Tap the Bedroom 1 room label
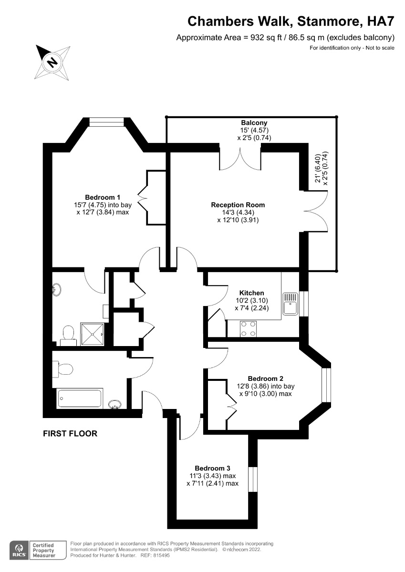(103, 197)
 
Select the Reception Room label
(238, 205)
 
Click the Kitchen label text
(252, 293)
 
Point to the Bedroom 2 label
(266, 378)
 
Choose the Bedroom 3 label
(212, 468)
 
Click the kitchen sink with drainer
(290, 304)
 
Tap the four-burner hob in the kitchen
(248, 329)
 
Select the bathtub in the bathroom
(80, 398)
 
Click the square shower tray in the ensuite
(93, 335)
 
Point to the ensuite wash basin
(56, 290)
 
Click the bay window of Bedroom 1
(106, 122)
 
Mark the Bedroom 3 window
(253, 480)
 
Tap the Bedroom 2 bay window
(326, 385)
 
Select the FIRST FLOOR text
(70, 434)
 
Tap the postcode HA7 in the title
(381, 21)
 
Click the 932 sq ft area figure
(267, 38)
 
